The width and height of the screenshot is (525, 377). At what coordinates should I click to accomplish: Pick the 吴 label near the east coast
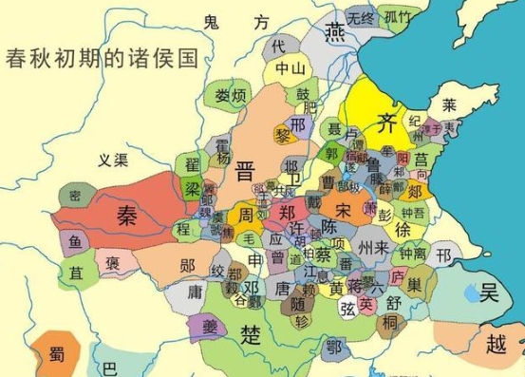click(x=489, y=287)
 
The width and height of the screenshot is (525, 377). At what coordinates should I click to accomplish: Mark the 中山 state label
click(x=290, y=68)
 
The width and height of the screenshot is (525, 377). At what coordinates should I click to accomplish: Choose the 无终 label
click(x=361, y=17)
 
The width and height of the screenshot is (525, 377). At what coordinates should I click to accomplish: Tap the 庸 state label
click(x=196, y=291)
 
